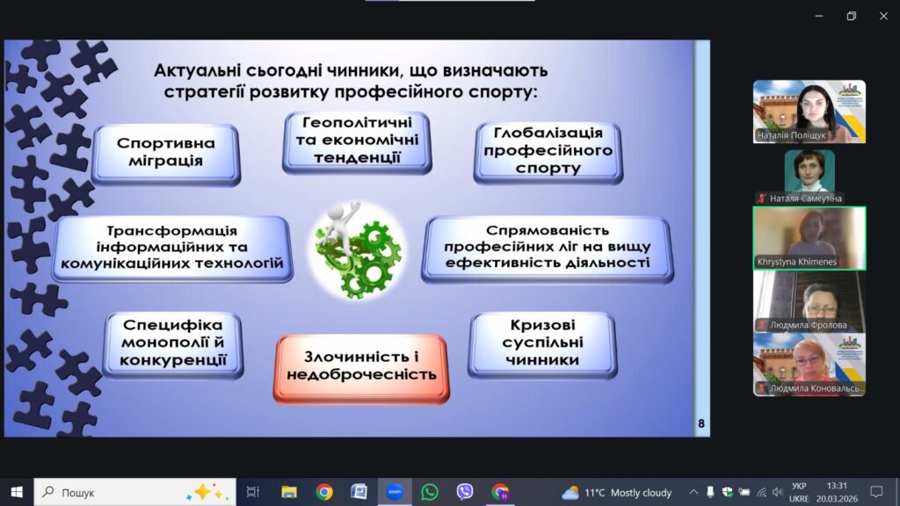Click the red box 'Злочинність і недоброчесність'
coord(361,369)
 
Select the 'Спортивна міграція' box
coord(166,154)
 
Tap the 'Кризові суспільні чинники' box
coord(542,344)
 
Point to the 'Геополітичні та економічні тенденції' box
coord(357,142)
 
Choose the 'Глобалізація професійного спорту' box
coord(548,152)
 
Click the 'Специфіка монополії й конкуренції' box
coord(173,344)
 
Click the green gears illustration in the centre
coord(357,251)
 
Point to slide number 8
coord(701,423)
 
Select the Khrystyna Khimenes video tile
coord(809,238)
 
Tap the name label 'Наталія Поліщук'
coord(791,135)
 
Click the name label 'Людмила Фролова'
coord(809,325)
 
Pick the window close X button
coord(883,16)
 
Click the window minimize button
coord(819,16)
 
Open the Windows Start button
coord(17,492)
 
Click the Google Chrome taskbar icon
coord(324,492)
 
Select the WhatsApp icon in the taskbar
coord(429,492)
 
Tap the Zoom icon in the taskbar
coord(395,492)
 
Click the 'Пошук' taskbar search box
coord(134,492)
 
